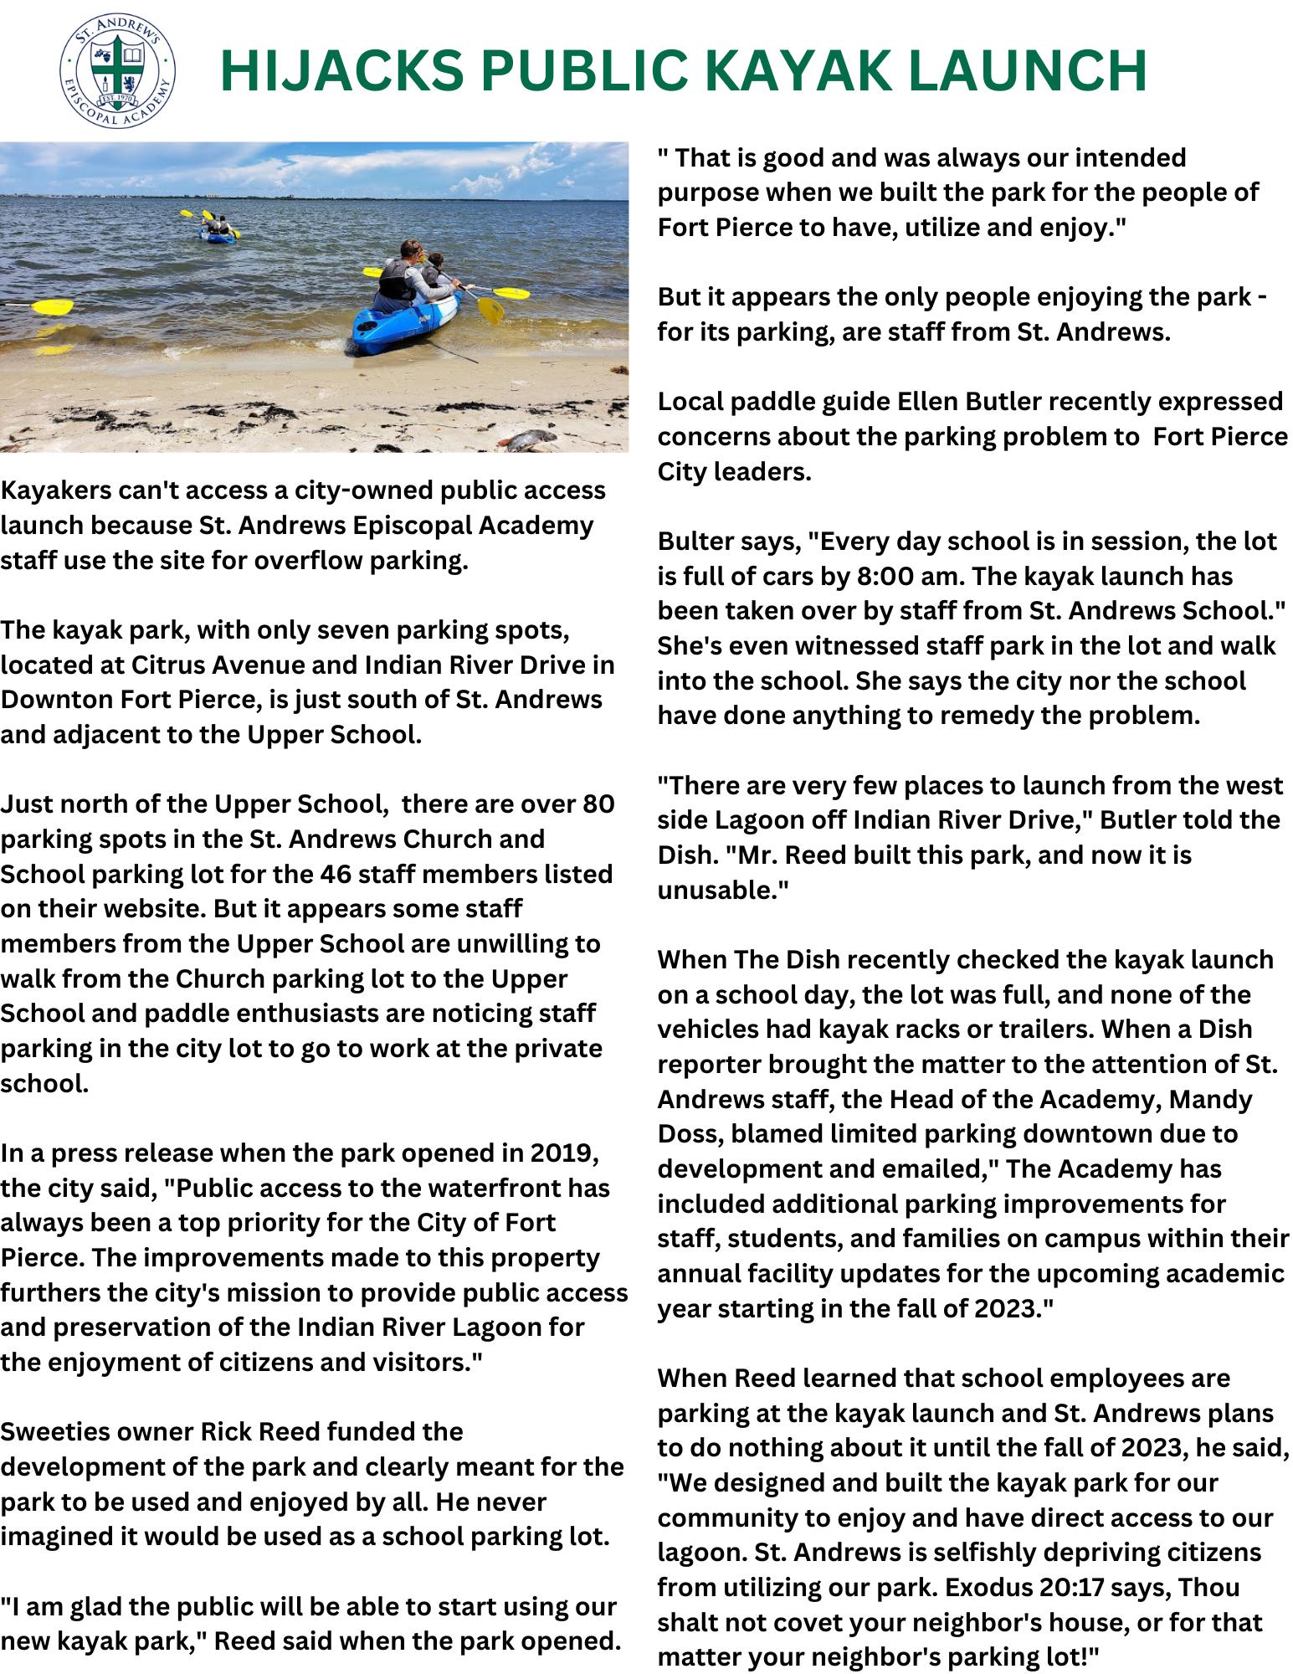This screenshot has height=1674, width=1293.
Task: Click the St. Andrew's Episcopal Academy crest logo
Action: coord(116,74)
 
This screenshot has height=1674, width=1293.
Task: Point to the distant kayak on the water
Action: coord(217,231)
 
